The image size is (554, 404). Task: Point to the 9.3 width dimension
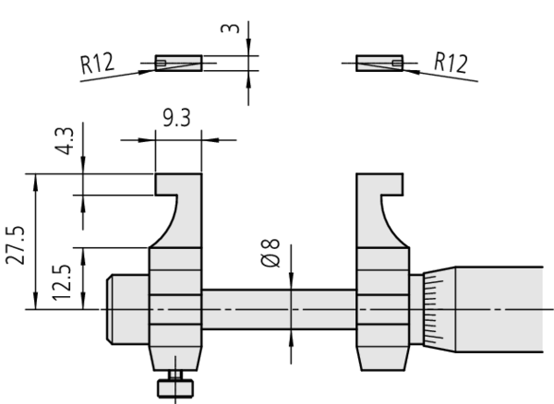(177, 118)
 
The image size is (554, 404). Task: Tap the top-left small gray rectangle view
(177, 64)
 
